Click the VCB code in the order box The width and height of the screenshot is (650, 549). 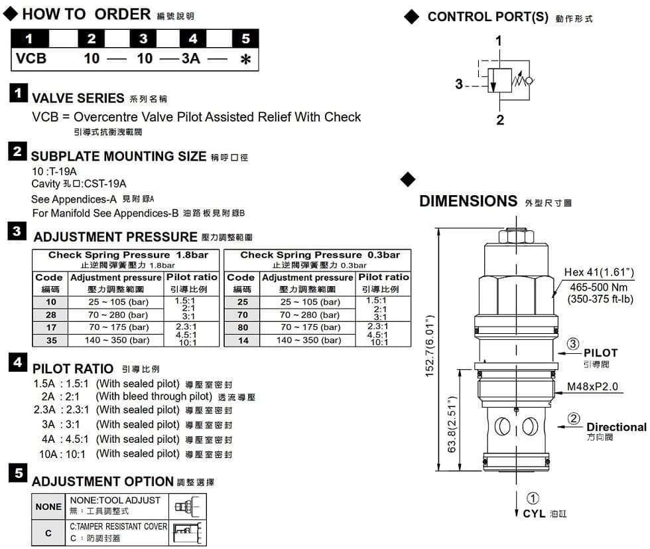(x=32, y=58)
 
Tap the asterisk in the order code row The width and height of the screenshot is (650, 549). (x=245, y=60)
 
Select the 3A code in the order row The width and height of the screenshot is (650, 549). (x=191, y=58)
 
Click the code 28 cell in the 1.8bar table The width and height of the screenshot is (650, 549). (x=51, y=315)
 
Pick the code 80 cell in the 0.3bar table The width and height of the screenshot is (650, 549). (x=243, y=327)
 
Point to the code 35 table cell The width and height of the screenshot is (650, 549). (x=51, y=340)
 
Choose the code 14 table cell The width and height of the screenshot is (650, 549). (x=243, y=340)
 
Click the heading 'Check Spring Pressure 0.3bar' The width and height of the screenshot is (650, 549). (x=320, y=255)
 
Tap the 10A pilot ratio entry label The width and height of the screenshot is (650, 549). (x=50, y=454)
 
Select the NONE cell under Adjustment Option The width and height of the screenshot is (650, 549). (x=48, y=507)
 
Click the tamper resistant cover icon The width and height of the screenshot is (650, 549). (x=188, y=532)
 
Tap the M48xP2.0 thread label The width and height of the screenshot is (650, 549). (x=593, y=387)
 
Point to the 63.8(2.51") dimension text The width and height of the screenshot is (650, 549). (x=453, y=425)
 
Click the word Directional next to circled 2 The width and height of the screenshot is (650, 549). (x=616, y=427)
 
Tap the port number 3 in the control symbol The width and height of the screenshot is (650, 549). (x=458, y=84)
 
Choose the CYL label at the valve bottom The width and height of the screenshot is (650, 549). (x=534, y=513)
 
